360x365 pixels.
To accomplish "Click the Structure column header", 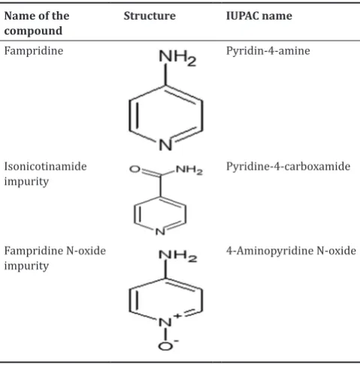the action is tap(150, 16).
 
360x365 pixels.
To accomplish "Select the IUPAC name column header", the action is tap(259, 16).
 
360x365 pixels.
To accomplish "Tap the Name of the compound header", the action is tap(37, 23).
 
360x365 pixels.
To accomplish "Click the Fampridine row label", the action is tap(34, 51).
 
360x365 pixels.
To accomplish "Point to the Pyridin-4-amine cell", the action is tap(268, 51).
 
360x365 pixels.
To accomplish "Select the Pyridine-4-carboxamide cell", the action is tap(288, 167).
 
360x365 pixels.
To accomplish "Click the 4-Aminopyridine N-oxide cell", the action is tap(291, 251).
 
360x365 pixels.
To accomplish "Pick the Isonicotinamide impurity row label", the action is tap(45, 173).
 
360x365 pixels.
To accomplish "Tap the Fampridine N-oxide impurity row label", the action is tap(55, 258).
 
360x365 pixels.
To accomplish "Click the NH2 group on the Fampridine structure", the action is tap(177, 58).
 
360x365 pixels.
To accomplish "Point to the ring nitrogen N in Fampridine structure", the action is tap(165, 145).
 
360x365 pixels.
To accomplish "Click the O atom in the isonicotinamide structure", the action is tap(135, 170).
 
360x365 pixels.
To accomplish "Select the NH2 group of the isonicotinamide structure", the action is tap(189, 170).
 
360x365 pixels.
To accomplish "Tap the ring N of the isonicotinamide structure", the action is tap(160, 232).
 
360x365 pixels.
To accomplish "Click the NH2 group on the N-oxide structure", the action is tap(178, 256).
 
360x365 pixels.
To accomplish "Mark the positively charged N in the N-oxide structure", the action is tap(165, 322).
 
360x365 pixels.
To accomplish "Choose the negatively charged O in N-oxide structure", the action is tap(165, 346).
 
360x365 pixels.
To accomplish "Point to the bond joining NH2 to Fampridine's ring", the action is tap(165, 75).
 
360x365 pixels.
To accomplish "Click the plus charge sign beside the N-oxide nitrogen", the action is tap(177, 315).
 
